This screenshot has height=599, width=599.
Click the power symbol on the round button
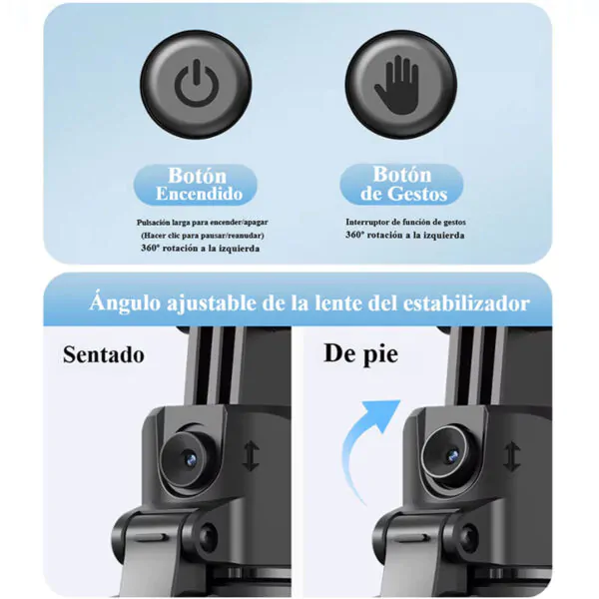point(197,83)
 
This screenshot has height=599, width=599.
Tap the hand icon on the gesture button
point(397,85)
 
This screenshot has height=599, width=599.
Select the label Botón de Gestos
point(403,184)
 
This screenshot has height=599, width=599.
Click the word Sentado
point(104,354)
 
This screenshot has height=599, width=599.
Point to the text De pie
point(361,354)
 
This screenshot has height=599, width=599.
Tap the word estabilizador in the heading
point(466,303)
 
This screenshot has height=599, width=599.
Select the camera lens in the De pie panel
point(451,453)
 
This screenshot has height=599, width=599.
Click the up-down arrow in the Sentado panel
point(251,456)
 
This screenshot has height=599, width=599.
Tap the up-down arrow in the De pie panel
point(511,456)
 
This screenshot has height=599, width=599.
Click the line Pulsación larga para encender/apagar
point(202,223)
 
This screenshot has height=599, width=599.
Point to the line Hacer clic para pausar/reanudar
point(202,236)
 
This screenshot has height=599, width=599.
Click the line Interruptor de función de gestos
point(405,222)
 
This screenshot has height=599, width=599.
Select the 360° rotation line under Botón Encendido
point(201,249)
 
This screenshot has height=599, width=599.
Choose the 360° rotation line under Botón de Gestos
point(405,235)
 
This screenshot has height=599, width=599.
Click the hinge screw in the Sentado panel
point(208,534)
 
